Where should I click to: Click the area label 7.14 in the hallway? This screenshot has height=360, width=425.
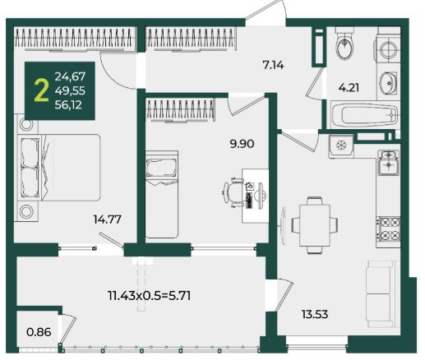[x=273, y=65]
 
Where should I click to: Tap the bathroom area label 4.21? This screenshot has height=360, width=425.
[x=349, y=88]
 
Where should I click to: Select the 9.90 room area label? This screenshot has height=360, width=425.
[x=242, y=144]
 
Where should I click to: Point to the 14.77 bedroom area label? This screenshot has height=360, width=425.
[x=108, y=219]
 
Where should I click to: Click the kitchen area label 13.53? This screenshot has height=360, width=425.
[x=315, y=314]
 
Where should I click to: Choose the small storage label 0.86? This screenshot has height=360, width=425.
[x=39, y=332]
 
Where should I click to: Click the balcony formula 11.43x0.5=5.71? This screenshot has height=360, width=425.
[x=150, y=296]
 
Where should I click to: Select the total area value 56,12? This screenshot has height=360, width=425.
[x=68, y=105]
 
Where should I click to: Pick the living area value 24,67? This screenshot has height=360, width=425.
[x=70, y=76]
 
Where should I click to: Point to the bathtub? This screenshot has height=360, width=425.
[x=365, y=115]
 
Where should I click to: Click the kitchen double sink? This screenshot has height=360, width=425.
[x=388, y=163]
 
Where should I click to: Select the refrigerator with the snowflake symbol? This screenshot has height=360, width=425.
[x=341, y=146]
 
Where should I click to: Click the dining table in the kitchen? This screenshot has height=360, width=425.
[x=315, y=225]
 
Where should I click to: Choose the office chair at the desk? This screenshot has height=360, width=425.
[x=233, y=192]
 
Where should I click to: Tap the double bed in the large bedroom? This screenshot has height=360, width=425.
[x=58, y=168]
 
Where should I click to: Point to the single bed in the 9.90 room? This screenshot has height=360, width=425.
[x=162, y=194]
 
